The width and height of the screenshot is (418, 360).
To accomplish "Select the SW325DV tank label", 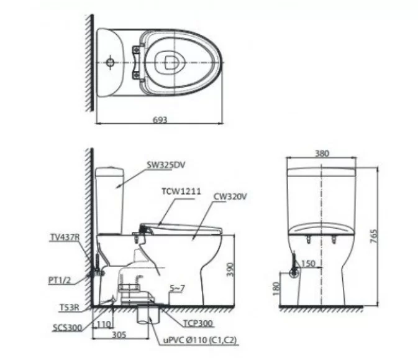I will pos(165,165).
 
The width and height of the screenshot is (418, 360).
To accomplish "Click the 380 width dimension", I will pos(322,152).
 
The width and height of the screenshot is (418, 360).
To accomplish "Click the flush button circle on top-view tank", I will pos(111,63).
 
